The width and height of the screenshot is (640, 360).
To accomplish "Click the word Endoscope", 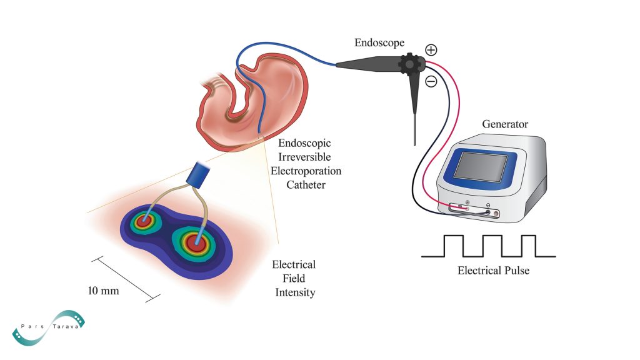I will pyautogui.click(x=379, y=43).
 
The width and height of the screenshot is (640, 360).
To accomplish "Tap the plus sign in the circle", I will pyautogui.click(x=431, y=50).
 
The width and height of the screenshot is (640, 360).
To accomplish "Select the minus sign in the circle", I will pyautogui.click(x=431, y=81).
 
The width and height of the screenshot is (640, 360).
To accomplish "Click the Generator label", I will pyautogui.click(x=505, y=124).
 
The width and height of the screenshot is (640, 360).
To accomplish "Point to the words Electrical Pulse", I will pyautogui.click(x=488, y=271).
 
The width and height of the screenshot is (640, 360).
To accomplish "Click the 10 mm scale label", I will pyautogui.click(x=103, y=291).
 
